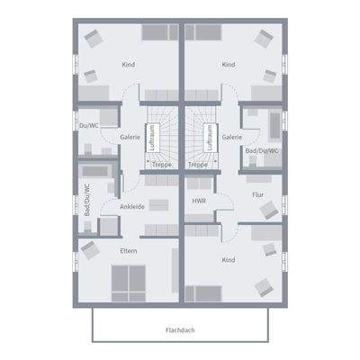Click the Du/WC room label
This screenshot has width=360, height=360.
[88, 125]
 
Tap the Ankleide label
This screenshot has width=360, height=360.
[132, 206]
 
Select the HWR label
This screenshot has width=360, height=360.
[199, 201]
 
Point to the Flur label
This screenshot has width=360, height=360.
[258, 193]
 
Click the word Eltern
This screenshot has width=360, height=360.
[129, 250]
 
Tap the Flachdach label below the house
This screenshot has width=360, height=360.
[180, 329]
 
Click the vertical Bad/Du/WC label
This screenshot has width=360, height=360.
[87, 200]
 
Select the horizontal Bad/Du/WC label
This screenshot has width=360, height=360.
[262, 151]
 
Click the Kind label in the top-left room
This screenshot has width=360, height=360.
[129, 65]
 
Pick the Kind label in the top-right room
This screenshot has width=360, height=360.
[229, 65]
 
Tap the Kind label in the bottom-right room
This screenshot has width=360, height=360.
[229, 259]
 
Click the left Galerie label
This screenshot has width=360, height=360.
[129, 137]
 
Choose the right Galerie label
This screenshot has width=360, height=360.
[231, 137]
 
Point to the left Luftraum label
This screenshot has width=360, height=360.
[152, 138]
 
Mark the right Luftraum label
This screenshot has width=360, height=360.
[208, 138]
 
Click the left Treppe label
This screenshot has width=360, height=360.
[162, 165]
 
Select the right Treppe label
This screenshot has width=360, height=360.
[198, 165]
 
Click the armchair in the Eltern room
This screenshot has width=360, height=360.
[88, 247]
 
